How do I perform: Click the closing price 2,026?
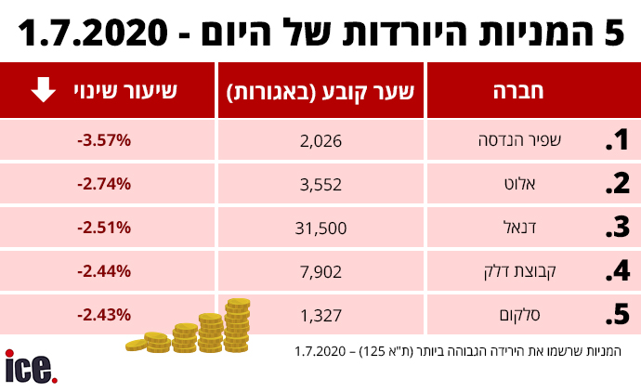(322, 141)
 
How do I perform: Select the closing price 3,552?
(322, 185)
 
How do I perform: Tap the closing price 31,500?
(322, 229)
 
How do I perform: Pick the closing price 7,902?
(322, 272)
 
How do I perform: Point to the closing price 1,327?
(322, 315)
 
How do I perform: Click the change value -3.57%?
(104, 141)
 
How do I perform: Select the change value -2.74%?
(104, 185)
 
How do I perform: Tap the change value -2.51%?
(104, 229)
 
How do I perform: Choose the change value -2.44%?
(104, 272)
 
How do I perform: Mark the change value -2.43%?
(104, 315)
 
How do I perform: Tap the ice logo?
(31, 367)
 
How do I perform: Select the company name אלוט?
(552, 185)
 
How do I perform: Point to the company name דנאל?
(553, 229)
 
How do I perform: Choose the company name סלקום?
(548, 315)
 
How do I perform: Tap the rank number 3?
(617, 229)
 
